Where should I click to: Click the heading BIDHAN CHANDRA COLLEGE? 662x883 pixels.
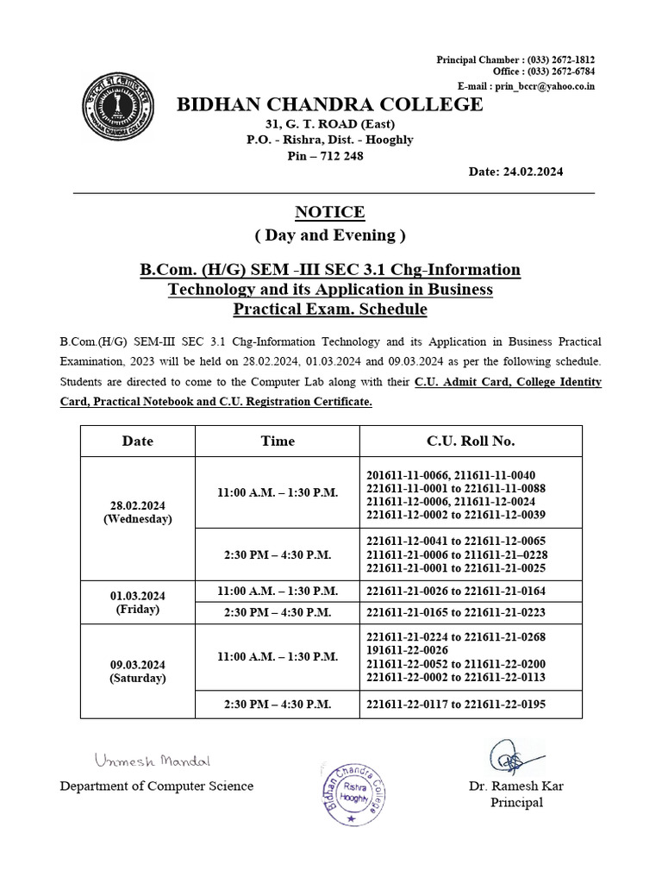click(330, 105)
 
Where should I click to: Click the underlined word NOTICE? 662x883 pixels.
click(330, 212)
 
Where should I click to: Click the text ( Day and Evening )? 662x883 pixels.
click(330, 235)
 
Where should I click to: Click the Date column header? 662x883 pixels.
click(138, 441)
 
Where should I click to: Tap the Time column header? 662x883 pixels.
click(278, 441)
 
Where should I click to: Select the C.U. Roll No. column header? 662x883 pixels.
click(471, 441)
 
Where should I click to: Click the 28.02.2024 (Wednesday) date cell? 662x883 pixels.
click(138, 512)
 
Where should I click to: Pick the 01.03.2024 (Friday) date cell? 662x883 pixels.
click(138, 602)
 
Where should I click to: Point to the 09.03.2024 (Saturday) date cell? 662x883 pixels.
click(138, 671)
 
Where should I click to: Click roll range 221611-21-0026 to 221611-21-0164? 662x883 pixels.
click(456, 591)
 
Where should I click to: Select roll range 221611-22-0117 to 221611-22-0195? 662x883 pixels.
click(456, 705)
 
